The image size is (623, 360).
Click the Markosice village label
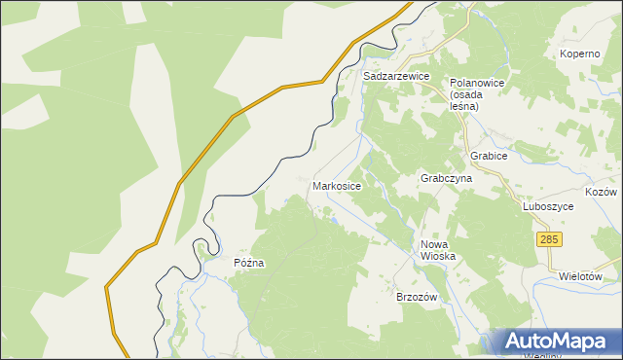pyautogui.click(x=337, y=185)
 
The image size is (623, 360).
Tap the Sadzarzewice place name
pyautogui.click(x=396, y=75)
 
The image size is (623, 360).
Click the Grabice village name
pyautogui.click(x=490, y=156)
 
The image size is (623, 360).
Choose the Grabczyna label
pyautogui.click(x=446, y=179)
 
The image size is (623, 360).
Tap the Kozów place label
pyautogui.click(x=601, y=193)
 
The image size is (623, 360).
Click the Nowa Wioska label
pyautogui.click(x=437, y=250)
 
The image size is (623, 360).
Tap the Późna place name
pyautogui.click(x=249, y=263)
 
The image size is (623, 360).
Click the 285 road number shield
pyautogui.click(x=549, y=239)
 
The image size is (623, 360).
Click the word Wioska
pyautogui.click(x=437, y=256)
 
